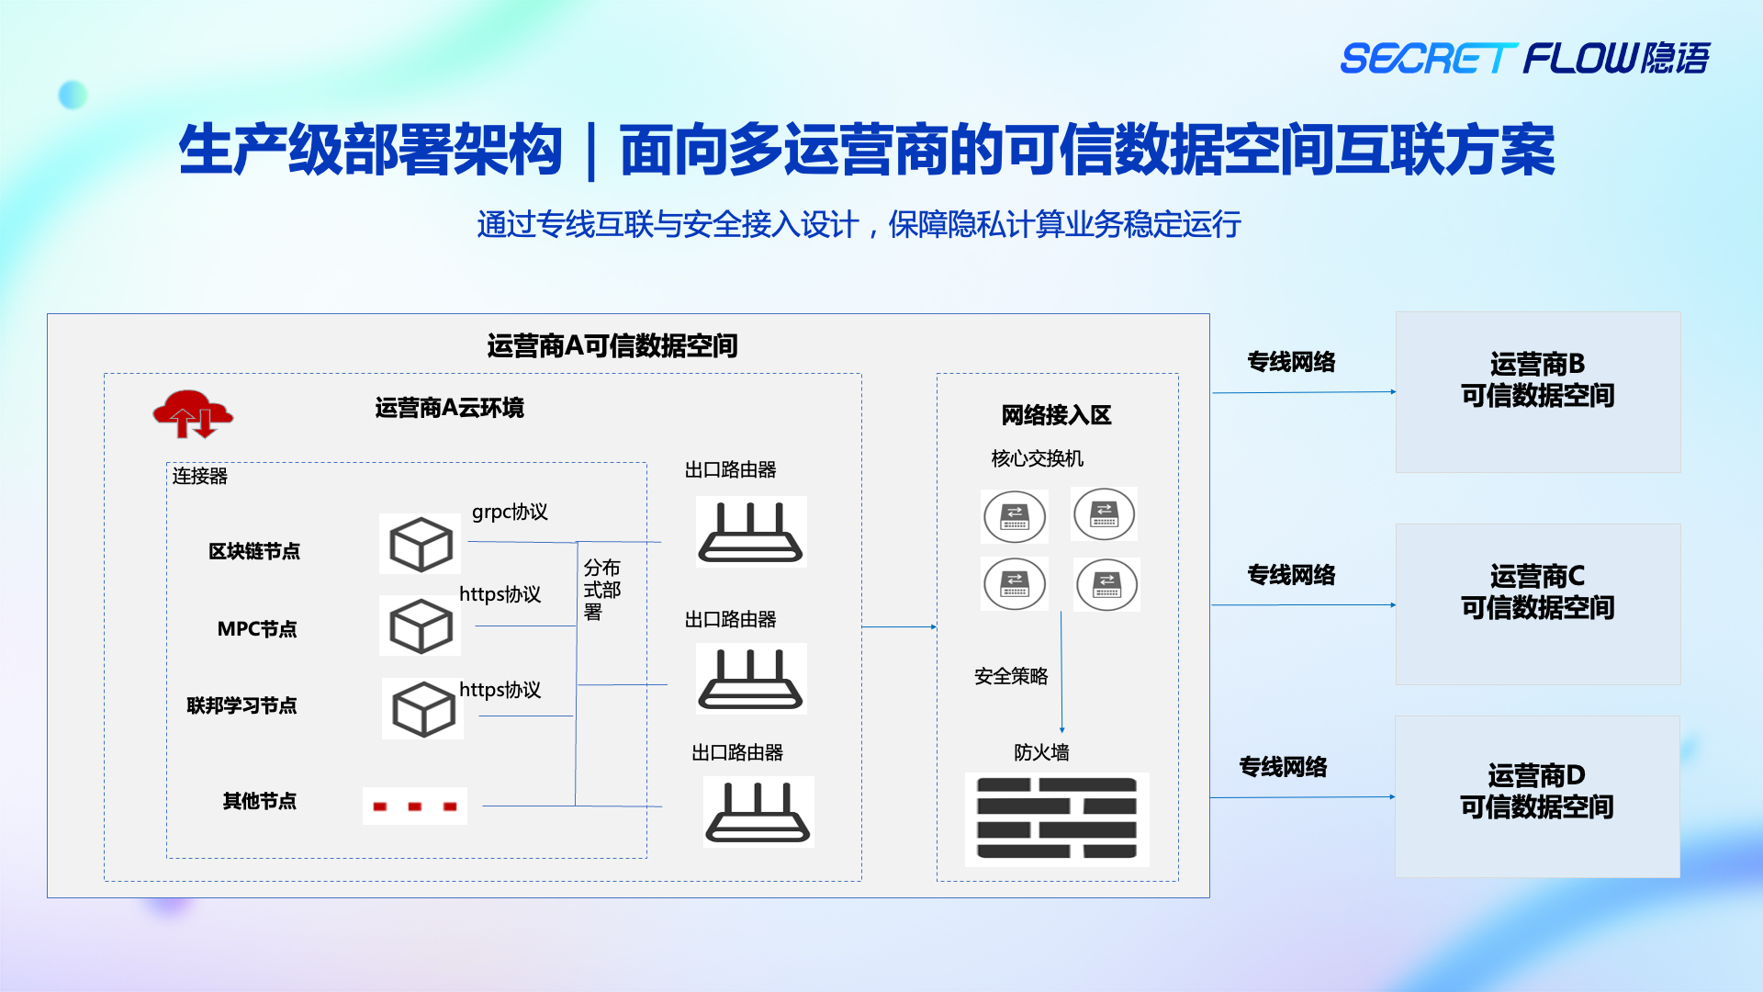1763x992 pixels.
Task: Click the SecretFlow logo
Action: [1524, 58]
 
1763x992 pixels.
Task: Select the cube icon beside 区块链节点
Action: [421, 544]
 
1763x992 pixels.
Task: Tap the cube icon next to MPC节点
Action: [421, 626]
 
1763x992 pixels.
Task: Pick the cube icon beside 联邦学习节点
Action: [422, 708]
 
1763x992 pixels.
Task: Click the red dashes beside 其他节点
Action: [415, 806]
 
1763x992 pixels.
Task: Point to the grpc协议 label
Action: [510, 512]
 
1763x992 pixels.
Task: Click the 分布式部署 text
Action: [601, 590]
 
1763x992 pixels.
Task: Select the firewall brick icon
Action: [1057, 818]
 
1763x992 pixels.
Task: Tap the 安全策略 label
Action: [1011, 676]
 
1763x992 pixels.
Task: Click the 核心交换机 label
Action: [1038, 458]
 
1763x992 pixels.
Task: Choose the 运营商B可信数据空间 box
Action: [1538, 392]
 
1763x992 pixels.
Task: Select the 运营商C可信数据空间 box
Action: [1538, 604]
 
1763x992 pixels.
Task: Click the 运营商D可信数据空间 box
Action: [1537, 796]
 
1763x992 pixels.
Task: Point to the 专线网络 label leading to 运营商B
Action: [1291, 362]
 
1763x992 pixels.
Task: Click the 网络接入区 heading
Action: [1056, 415]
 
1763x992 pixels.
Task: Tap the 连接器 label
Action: [199, 476]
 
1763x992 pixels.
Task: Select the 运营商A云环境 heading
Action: [449, 408]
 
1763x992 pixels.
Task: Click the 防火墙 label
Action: [1041, 752]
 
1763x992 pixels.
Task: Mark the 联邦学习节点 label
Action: [241, 705]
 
